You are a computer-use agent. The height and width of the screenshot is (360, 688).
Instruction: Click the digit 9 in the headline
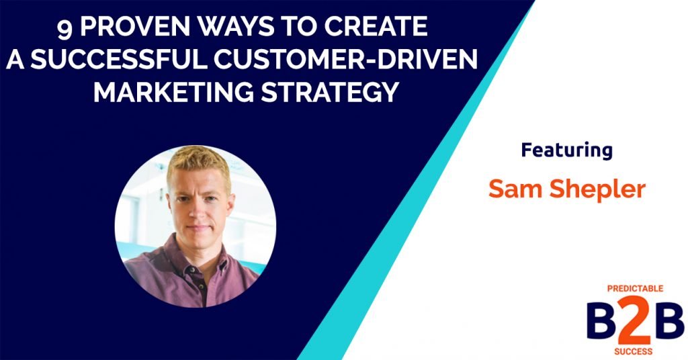64,29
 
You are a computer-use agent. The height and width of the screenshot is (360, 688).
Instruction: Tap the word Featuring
566,150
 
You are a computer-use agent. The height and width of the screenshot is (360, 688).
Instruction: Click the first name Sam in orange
510,189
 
